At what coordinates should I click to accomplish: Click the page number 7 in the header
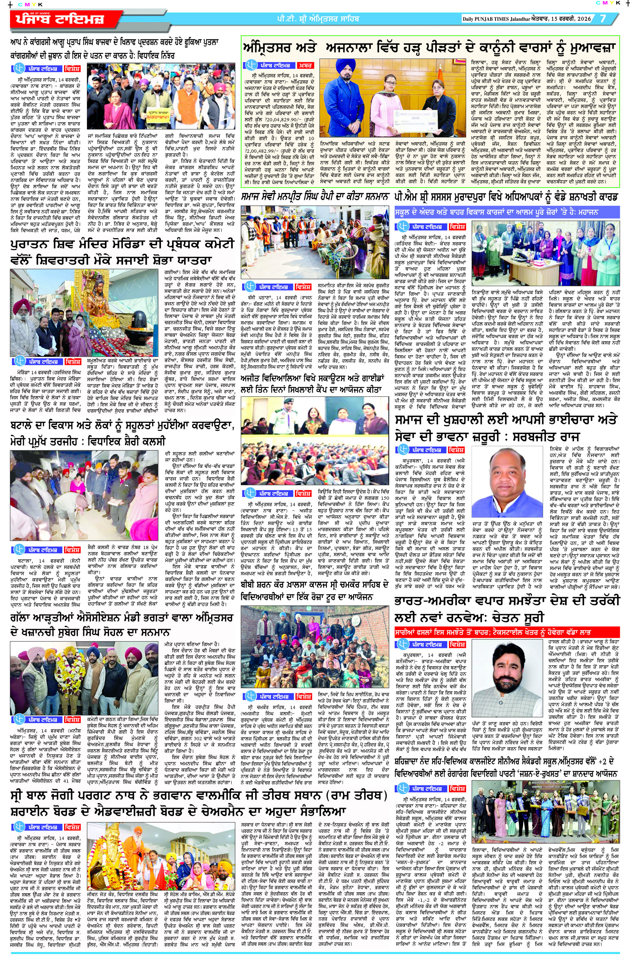[x=603, y=19]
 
